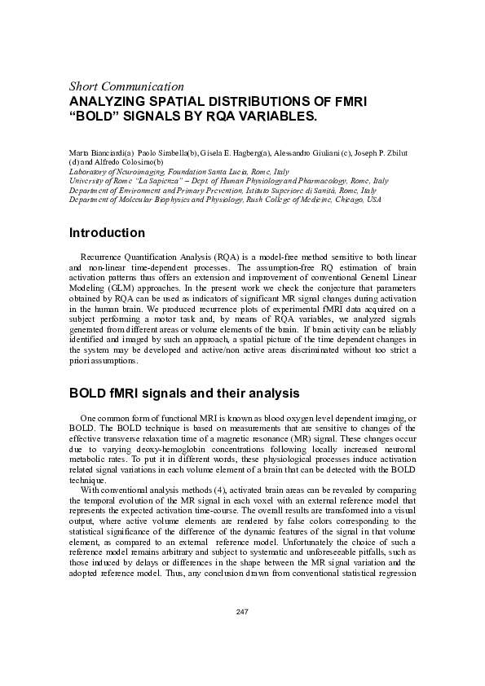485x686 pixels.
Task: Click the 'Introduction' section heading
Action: (x=108, y=233)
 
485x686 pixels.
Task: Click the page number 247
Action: (x=242, y=611)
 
